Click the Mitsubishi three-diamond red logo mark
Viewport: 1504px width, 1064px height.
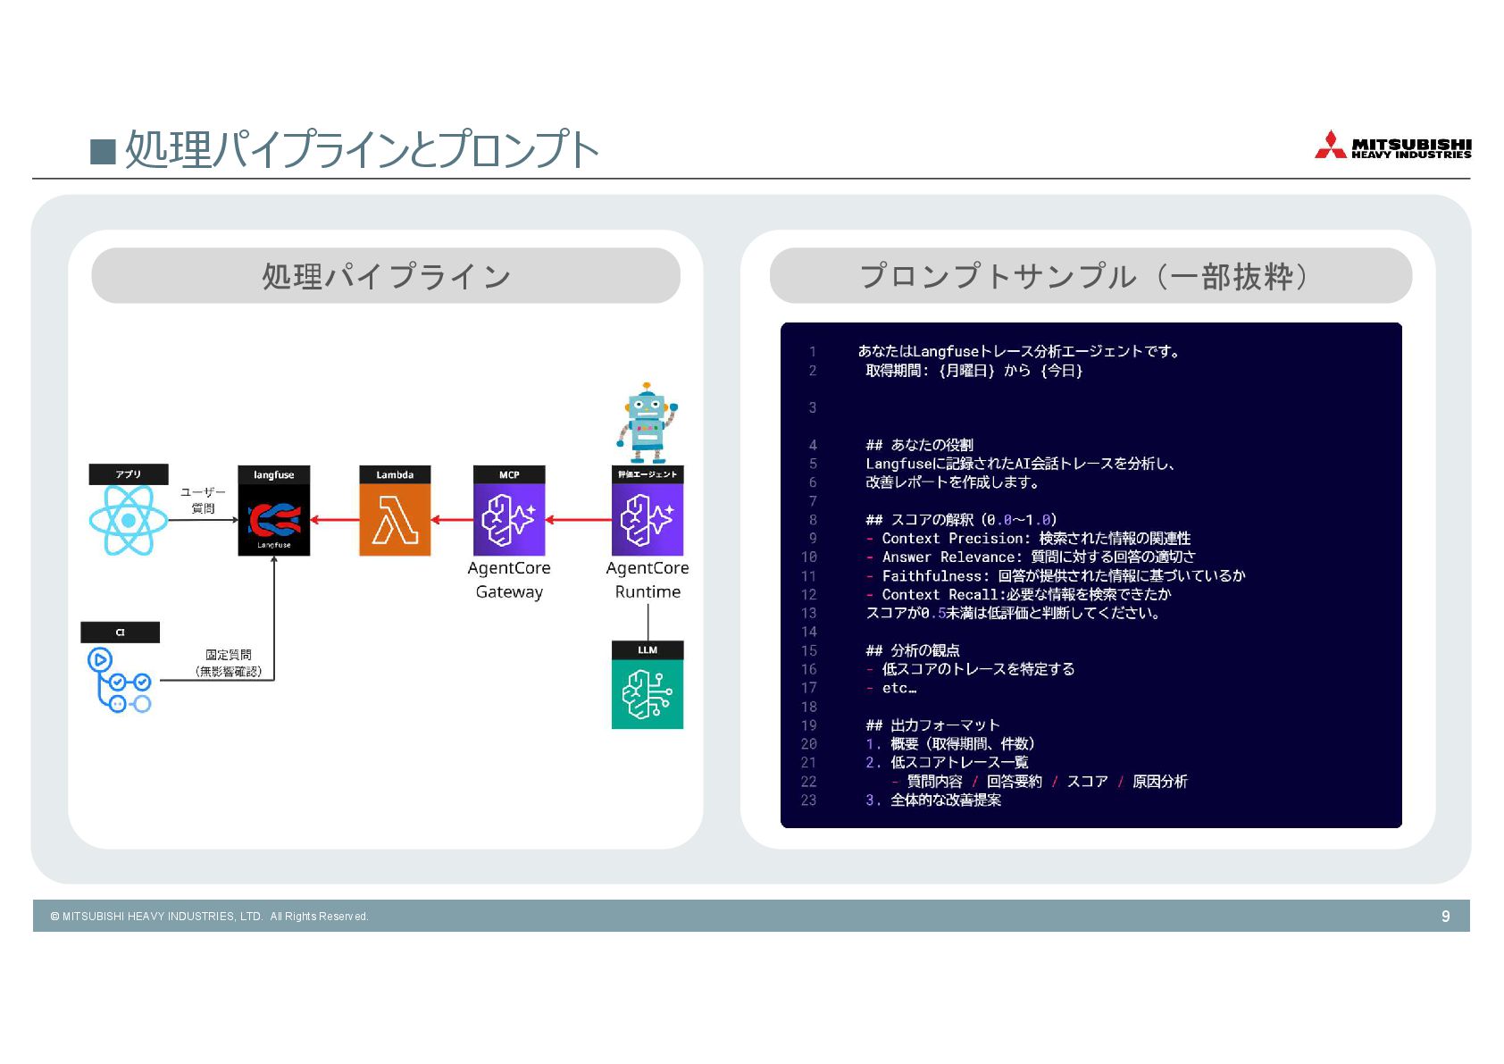point(1330,146)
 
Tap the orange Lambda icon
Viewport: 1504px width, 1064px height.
point(395,519)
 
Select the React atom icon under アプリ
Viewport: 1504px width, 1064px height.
point(128,520)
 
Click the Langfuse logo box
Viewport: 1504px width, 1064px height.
point(273,519)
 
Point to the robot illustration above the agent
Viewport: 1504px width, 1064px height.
point(647,422)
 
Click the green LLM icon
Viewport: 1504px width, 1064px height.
point(648,694)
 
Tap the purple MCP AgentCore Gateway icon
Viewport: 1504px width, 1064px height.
point(508,519)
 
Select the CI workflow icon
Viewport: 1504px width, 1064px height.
point(120,680)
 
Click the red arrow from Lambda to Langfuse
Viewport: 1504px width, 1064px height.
point(334,519)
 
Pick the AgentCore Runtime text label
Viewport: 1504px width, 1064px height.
point(648,580)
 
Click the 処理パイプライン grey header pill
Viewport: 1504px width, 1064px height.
point(386,276)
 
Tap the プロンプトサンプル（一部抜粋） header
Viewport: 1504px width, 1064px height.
point(1090,276)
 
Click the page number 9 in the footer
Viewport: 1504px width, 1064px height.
point(1445,916)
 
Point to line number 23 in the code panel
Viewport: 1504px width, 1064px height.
point(808,800)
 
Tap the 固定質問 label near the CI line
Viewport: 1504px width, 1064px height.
point(229,655)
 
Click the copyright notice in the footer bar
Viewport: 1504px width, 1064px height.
point(210,917)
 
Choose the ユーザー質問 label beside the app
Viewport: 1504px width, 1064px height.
point(203,500)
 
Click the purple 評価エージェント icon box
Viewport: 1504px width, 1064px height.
point(648,519)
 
